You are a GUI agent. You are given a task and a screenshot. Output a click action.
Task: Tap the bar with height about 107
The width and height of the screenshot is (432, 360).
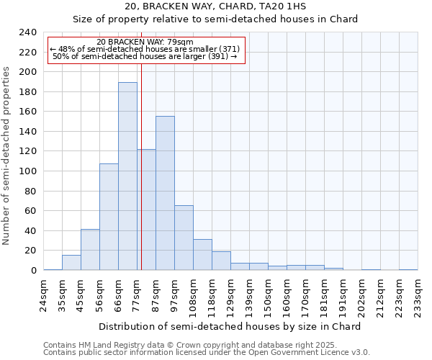point(109,217)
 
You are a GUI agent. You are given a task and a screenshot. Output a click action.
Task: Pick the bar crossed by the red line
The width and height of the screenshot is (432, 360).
point(146,210)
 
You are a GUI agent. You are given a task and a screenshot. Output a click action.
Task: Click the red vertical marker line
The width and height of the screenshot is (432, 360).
point(142,108)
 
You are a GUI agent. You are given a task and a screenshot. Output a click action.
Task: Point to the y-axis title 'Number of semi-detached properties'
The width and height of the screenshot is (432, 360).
point(7,156)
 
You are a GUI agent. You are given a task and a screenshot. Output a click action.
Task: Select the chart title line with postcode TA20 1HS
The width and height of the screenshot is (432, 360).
point(215,6)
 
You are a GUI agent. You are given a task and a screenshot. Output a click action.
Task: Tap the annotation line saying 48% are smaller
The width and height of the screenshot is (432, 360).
point(146,49)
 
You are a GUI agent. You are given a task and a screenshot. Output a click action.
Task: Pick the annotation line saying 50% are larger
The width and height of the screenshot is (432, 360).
point(146,56)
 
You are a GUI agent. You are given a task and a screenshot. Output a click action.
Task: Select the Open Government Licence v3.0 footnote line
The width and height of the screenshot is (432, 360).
point(206,352)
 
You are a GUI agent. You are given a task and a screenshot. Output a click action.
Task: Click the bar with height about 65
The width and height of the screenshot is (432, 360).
point(184,238)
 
